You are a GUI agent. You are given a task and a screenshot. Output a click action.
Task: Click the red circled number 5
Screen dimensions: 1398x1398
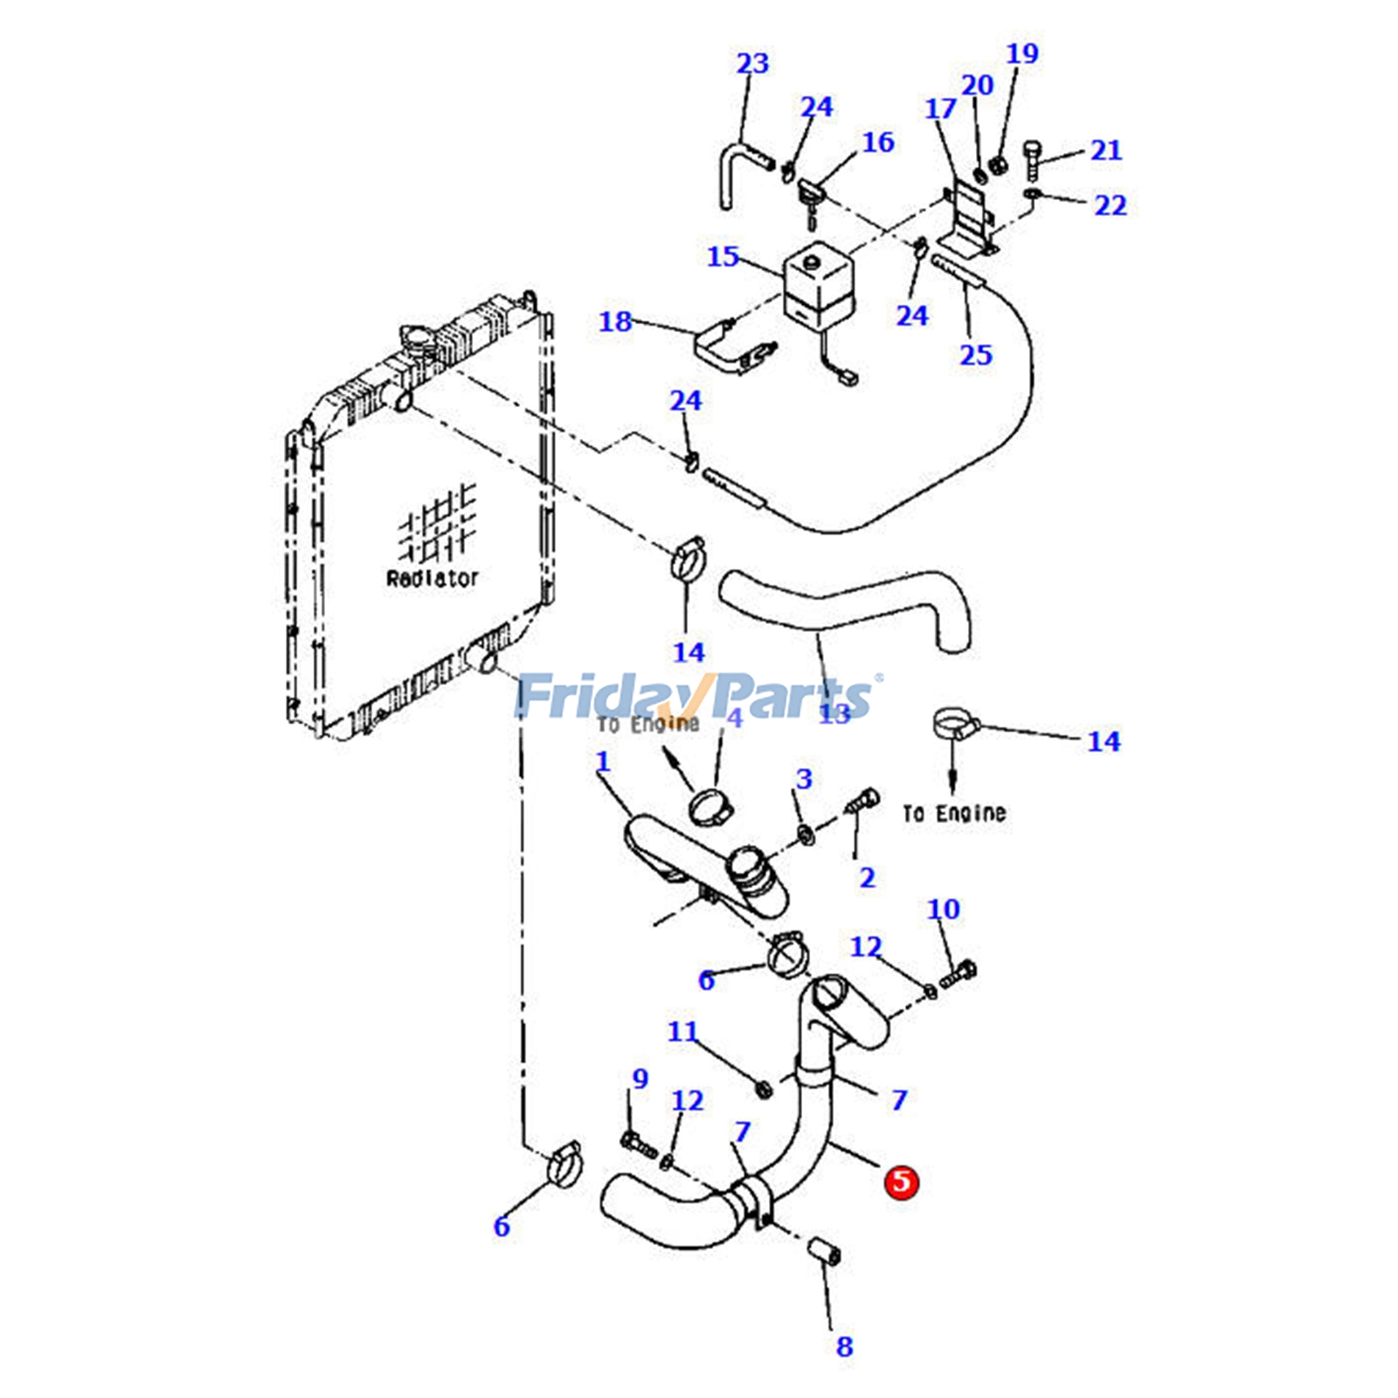coord(901,1181)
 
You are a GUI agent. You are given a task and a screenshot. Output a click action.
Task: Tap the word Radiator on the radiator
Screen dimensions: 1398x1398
coord(433,578)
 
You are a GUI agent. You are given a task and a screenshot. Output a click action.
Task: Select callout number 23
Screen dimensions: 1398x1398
coord(752,64)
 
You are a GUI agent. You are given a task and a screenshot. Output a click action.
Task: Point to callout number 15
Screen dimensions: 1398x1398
coord(723,256)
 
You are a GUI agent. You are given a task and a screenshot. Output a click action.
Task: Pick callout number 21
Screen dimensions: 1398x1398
coord(1105,150)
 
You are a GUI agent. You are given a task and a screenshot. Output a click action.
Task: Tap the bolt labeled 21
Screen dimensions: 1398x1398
coord(1033,159)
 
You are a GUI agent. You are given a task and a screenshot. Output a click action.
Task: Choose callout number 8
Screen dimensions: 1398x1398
coord(844,1346)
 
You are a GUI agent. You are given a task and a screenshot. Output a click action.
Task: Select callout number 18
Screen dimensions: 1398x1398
coord(614,322)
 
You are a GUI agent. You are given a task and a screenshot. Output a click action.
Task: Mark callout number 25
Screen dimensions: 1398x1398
coord(975,355)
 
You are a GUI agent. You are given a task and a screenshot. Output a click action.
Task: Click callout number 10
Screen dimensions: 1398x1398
coord(943,909)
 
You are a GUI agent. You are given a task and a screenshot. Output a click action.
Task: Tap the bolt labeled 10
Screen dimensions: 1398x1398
coord(959,972)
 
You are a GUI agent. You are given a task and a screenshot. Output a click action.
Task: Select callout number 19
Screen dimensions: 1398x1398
coord(1022,53)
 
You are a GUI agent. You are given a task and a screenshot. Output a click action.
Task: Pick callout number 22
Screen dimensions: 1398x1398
coord(1111,205)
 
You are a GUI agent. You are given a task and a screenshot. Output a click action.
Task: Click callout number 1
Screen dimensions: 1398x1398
coord(603,761)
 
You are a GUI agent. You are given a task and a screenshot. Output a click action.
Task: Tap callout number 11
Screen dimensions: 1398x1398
coord(682,1031)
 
